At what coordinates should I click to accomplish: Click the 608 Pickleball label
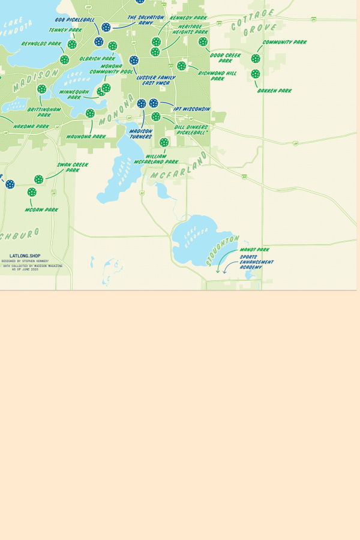click(75, 20)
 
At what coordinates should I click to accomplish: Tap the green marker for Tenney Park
click(72, 44)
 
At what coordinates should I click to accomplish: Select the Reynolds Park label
click(41, 44)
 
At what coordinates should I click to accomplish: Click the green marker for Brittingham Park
click(41, 89)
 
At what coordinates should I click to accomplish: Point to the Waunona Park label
click(86, 137)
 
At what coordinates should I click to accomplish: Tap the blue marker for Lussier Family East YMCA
click(134, 61)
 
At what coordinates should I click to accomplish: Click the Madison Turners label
click(141, 134)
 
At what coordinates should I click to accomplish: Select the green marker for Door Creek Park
click(203, 42)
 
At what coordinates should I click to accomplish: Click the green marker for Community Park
click(256, 59)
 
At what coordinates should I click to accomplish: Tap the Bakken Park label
click(274, 91)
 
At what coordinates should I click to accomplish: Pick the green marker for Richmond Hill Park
click(181, 66)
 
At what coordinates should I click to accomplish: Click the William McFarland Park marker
click(164, 143)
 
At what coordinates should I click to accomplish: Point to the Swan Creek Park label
click(73, 167)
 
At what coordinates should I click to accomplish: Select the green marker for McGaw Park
click(32, 192)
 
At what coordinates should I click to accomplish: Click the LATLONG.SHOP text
click(25, 256)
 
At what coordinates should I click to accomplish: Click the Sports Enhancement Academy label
click(256, 262)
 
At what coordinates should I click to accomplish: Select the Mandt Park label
click(254, 250)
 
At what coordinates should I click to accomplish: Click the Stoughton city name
click(223, 250)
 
